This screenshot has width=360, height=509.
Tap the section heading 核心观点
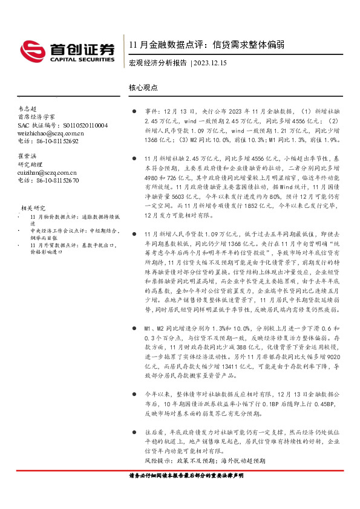click(143, 87)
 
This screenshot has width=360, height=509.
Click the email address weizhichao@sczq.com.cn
click(51, 133)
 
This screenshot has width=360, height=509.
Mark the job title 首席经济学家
click(37, 117)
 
